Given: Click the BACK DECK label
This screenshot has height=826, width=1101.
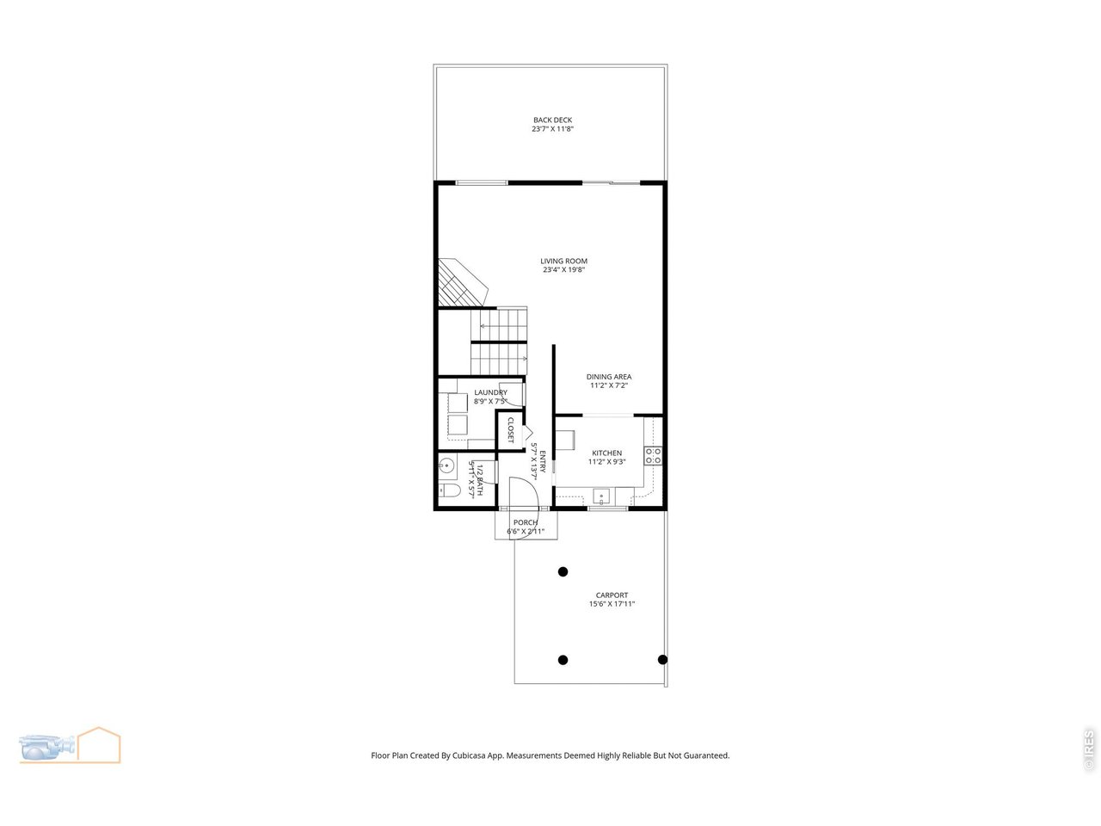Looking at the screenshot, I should pos(551,120).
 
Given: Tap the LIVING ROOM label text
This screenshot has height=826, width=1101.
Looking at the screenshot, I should pos(563,261).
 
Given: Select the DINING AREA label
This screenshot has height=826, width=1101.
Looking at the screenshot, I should pos(609,377).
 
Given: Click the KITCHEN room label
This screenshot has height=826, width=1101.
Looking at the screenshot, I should pos(606,453).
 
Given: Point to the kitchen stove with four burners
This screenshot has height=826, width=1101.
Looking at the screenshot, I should pos(654,456).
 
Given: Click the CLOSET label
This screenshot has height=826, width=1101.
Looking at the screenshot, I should pos(510,429).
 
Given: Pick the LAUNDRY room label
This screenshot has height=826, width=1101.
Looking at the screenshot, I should pos(490,393).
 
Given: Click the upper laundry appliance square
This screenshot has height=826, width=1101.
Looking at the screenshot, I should pos(456,403).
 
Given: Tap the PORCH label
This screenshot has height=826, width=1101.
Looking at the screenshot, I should pos(525,522).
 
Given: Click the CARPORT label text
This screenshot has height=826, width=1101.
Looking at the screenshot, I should pos(612,595).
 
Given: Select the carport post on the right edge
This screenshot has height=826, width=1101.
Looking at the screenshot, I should pos(662,660).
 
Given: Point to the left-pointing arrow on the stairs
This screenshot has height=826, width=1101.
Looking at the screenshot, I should pos(483,326).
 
